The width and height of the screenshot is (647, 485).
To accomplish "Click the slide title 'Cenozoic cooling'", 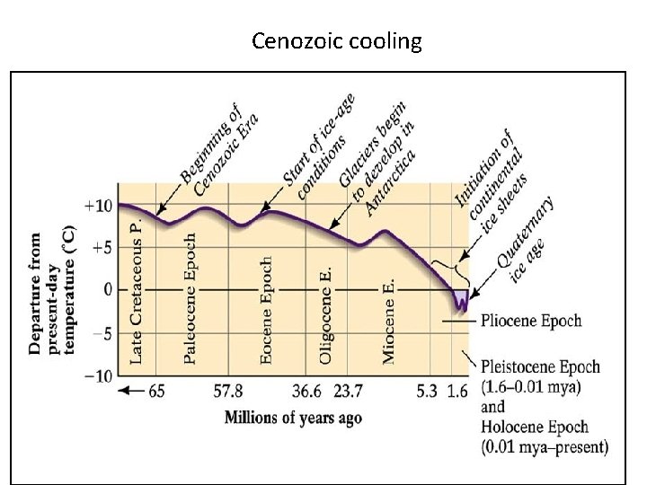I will (336, 41).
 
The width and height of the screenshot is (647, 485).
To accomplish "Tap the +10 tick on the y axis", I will (98, 206).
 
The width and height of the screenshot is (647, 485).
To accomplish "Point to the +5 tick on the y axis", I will (100, 248).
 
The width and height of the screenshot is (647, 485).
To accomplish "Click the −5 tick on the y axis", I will (100, 333).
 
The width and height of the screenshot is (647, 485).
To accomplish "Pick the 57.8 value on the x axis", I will (228, 392).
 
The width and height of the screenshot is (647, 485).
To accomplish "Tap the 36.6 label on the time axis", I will (306, 392).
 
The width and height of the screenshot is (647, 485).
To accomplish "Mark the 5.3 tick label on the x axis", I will (427, 392).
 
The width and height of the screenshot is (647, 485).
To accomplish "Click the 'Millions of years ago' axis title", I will (293, 418).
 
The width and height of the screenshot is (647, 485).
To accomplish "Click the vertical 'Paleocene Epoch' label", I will (190, 300).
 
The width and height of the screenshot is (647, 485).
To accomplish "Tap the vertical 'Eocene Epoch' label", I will (266, 311).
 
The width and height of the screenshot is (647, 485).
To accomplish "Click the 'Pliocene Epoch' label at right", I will (531, 321).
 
